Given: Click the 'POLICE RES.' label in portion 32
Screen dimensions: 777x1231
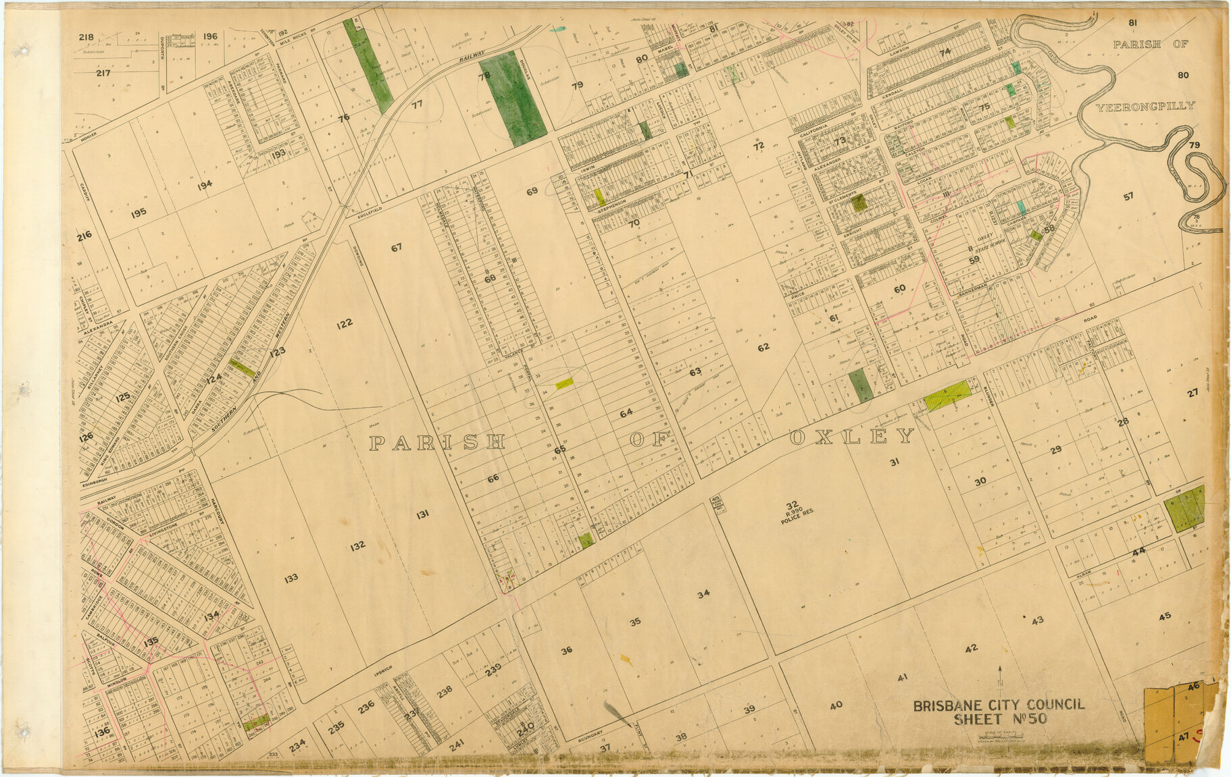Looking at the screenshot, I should click(792, 521).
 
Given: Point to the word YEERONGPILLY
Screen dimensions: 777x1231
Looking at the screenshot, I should click(1145, 107).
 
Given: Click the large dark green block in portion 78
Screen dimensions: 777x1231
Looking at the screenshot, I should click(513, 99).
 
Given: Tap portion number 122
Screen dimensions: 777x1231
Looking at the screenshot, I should click(344, 324).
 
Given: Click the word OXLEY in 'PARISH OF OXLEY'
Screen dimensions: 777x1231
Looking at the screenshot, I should click(851, 437).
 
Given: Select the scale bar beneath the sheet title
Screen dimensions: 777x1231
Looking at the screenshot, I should click(999, 736).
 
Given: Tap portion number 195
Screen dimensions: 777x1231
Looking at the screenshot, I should click(139, 213).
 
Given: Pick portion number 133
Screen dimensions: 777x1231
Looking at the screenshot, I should click(291, 579).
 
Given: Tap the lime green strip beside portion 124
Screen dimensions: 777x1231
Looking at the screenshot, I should click(242, 368).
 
